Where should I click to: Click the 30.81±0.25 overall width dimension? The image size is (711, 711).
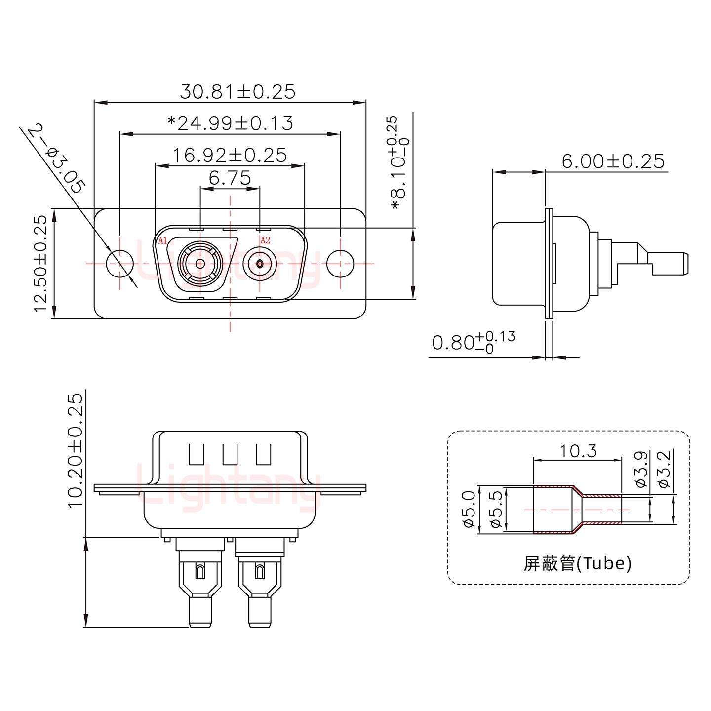coord(237,92)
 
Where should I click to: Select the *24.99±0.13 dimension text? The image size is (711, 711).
coord(230,123)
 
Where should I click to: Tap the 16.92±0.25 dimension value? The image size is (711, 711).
coord(229,155)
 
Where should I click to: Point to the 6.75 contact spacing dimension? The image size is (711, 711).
coord(230,177)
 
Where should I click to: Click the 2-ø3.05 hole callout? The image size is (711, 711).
coord(56,159)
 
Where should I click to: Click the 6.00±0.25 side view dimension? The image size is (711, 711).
coord(613,161)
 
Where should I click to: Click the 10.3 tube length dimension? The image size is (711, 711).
coord(578,451)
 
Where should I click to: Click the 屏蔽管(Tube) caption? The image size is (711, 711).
coord(577,563)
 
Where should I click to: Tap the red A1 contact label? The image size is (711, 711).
coord(162,241)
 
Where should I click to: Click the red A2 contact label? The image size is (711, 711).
coord(265,240)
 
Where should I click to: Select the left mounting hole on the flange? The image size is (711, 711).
coord(120,263)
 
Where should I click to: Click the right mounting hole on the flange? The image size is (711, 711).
coord(340,263)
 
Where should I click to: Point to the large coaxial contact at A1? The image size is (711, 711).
coord(200,264)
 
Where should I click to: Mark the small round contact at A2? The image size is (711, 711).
coord(260,264)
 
